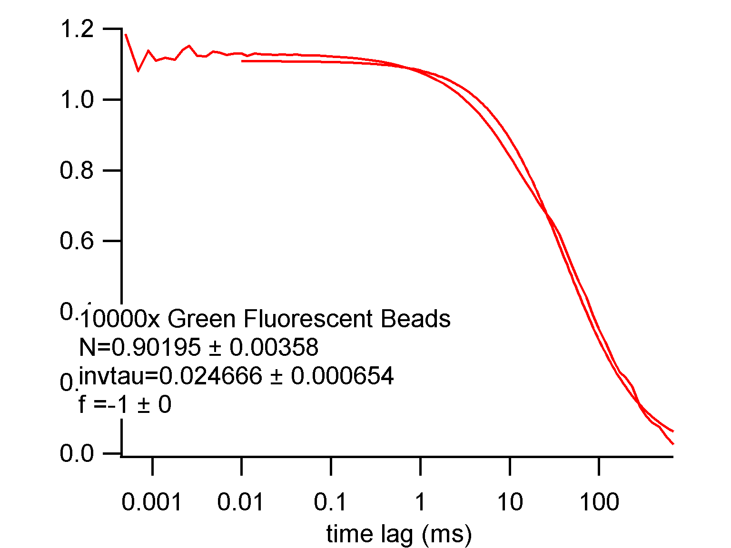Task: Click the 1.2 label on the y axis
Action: point(77,29)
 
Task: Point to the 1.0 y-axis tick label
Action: point(77,100)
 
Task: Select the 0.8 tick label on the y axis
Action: point(77,170)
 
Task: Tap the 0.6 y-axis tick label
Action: point(77,241)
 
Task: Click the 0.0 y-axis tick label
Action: point(77,453)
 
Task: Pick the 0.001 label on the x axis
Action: point(152,502)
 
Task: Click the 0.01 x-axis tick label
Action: point(241,502)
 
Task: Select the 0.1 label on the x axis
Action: point(331,502)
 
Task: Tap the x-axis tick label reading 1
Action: point(420,502)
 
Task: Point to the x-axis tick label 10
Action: point(510,502)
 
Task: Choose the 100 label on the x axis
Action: point(599,502)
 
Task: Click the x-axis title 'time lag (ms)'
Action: point(399,534)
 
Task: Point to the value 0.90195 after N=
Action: point(156,347)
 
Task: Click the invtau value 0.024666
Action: point(210,376)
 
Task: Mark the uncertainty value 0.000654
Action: point(343,376)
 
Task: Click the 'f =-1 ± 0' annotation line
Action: point(125,404)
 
